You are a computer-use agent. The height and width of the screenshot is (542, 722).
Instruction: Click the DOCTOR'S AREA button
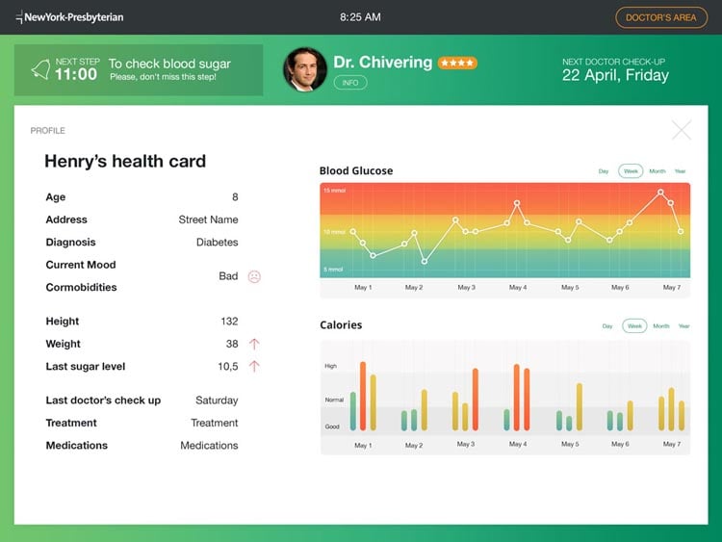pos(660,17)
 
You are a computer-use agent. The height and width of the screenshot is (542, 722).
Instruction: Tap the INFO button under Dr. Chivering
pos(350,83)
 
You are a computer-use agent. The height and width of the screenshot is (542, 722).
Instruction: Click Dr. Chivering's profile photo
pos(304,69)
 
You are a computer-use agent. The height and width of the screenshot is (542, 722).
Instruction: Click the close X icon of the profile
pos(682,130)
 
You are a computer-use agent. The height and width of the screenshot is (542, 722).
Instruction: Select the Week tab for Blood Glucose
pos(631,171)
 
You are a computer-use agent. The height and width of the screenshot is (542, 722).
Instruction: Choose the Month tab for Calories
pos(660,325)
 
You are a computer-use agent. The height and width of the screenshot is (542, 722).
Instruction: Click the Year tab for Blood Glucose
pos(680,171)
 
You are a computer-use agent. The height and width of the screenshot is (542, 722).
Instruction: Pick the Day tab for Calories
pos(607,325)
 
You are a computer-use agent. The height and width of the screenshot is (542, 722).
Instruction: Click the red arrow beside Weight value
pos(254,344)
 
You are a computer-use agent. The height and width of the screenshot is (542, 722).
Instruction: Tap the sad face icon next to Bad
pos(254,276)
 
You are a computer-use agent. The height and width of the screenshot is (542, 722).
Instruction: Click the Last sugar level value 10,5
pos(227,367)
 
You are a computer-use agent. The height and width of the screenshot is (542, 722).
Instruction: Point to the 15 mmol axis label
pos(334,191)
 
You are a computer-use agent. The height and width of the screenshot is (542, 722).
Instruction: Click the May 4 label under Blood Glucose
pos(517,288)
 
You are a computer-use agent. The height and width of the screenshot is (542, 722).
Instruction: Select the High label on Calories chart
pos(331,366)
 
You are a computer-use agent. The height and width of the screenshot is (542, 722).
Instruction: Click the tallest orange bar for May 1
pos(363,396)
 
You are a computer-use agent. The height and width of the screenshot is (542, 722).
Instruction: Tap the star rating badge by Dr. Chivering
pos(456,63)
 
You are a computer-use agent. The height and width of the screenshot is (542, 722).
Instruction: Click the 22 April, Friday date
pos(614,76)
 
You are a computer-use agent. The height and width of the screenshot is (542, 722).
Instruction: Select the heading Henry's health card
pos(125,162)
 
